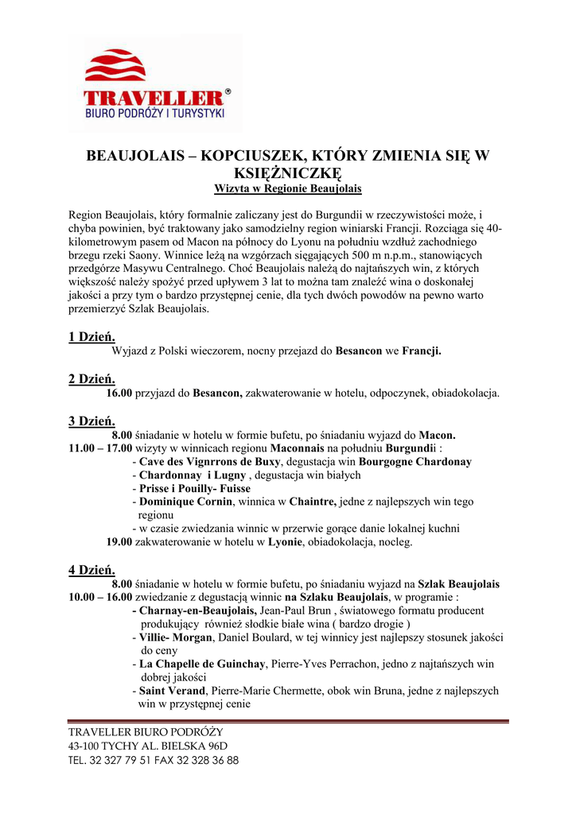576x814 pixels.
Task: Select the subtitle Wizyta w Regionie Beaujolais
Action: (287, 189)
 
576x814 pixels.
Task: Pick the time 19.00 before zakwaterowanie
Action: (119, 542)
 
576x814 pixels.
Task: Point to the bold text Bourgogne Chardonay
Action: (415, 462)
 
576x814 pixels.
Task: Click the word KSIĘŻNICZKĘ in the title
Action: (287, 173)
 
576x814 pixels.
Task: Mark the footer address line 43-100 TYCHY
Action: (148, 746)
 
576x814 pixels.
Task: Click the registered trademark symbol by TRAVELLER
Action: (228, 92)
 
